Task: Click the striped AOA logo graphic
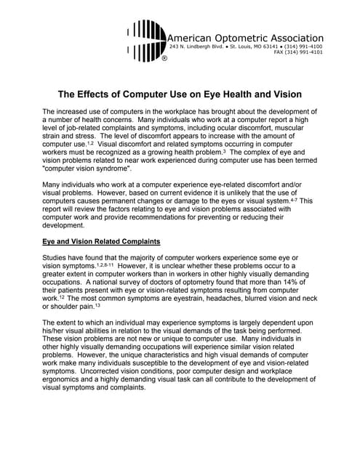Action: pyautogui.click(x=146, y=40)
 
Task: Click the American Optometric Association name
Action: pyautogui.click(x=245, y=38)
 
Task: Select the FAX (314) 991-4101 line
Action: pyautogui.click(x=299, y=53)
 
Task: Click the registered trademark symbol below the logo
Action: pyautogui.click(x=164, y=58)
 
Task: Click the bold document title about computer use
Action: pyautogui.click(x=180, y=95)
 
